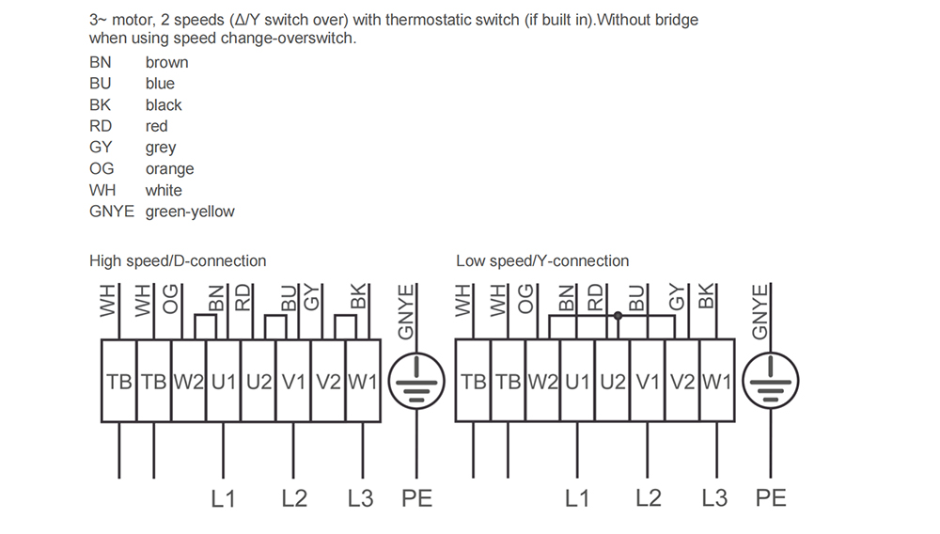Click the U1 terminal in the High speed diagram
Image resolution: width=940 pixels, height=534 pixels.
pyautogui.click(x=224, y=381)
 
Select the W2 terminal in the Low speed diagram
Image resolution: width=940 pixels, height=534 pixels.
pyautogui.click(x=543, y=381)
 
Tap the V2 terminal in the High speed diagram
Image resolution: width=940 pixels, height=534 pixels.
pyautogui.click(x=328, y=381)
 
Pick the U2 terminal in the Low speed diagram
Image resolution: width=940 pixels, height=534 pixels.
pyautogui.click(x=613, y=381)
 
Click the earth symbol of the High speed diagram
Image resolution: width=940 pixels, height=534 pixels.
pyautogui.click(x=416, y=381)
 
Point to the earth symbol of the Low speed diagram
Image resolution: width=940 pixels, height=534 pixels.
pyautogui.click(x=771, y=381)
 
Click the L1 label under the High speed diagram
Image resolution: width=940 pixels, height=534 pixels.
pyautogui.click(x=223, y=498)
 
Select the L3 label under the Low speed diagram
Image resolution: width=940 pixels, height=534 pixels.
pyautogui.click(x=714, y=498)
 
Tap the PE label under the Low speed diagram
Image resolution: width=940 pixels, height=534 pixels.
pyautogui.click(x=771, y=498)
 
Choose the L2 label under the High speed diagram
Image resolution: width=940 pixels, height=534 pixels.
pyautogui.click(x=294, y=498)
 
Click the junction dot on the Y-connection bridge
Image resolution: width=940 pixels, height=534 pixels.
pyautogui.click(x=619, y=316)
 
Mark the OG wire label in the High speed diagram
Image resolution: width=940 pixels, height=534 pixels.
pyautogui.click(x=171, y=299)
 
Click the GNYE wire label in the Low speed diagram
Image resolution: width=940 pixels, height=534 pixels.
pyautogui.click(x=760, y=311)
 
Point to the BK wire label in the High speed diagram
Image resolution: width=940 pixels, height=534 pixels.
pyautogui.click(x=358, y=297)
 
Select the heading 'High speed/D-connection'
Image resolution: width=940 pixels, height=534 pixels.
pyautogui.click(x=178, y=260)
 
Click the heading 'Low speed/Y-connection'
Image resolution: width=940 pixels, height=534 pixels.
pyautogui.click(x=542, y=260)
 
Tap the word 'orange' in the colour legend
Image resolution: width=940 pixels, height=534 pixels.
pyautogui.click(x=169, y=169)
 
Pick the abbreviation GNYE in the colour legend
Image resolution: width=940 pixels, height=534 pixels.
pyautogui.click(x=112, y=212)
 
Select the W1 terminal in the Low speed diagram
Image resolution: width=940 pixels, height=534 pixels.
pyautogui.click(x=717, y=381)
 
